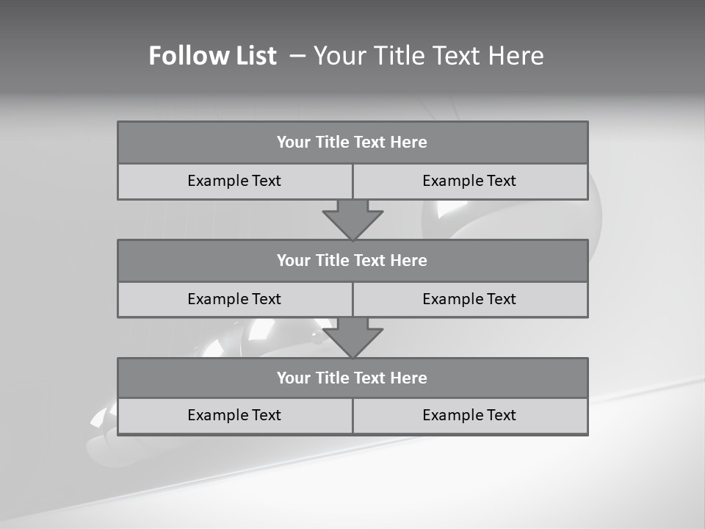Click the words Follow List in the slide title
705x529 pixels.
click(212, 56)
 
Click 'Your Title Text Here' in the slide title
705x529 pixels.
click(428, 56)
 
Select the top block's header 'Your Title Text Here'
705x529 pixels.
click(352, 143)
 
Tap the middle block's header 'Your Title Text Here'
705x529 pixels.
click(352, 260)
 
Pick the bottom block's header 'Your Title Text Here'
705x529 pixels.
click(352, 378)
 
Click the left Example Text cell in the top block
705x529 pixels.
click(234, 181)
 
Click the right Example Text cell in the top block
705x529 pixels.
click(469, 181)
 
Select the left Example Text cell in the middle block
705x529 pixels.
click(234, 299)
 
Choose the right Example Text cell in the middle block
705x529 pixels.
click(469, 299)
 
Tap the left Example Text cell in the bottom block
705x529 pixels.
click(234, 415)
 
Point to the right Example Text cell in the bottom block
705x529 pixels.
click(469, 415)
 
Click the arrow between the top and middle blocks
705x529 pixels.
click(352, 219)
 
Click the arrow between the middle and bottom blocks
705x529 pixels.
click(352, 337)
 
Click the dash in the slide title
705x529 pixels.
click(297, 56)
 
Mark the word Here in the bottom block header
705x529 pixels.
click(408, 378)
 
